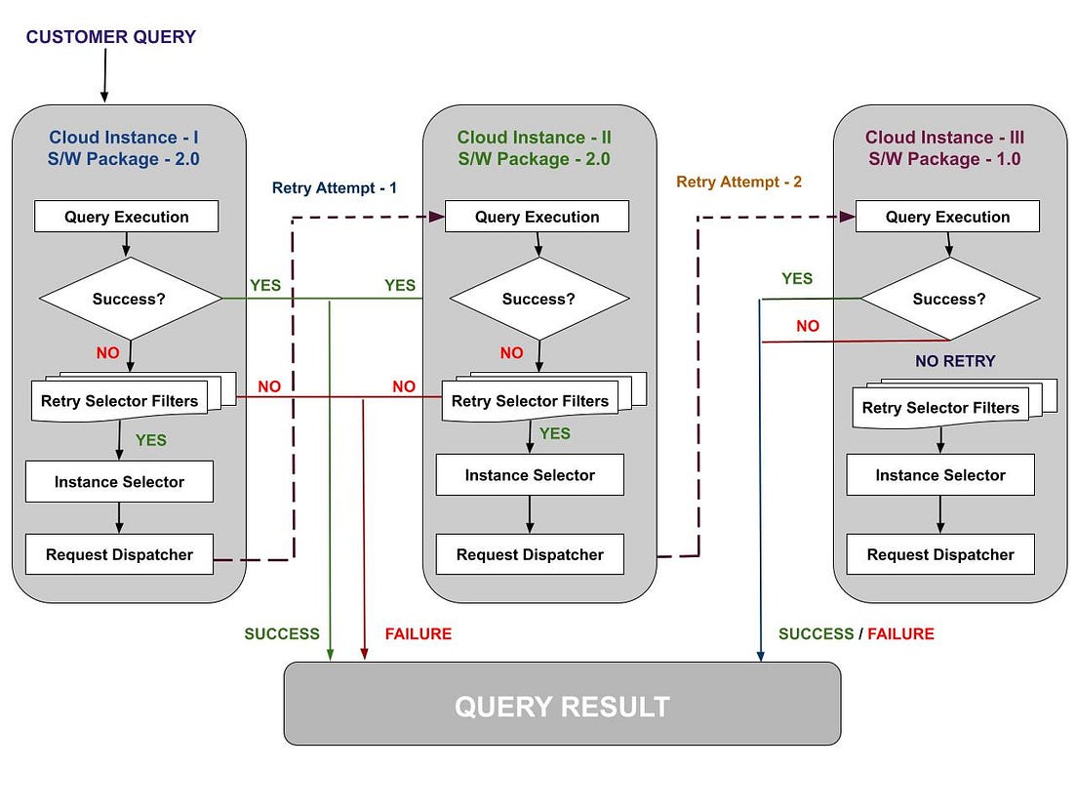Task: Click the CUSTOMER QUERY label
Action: (110, 37)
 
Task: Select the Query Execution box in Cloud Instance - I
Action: (127, 217)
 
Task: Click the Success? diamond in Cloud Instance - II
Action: (538, 299)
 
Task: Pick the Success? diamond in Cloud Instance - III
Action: (949, 299)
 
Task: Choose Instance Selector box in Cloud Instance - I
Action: (119, 482)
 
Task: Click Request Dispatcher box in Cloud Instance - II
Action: (530, 554)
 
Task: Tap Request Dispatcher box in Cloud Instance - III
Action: (940, 554)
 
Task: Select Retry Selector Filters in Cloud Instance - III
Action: (940, 408)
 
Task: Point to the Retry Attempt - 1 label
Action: (335, 187)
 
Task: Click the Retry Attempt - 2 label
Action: (738, 182)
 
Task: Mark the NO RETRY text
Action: (955, 361)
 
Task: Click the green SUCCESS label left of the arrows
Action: (281, 634)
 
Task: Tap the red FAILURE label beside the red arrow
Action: (418, 634)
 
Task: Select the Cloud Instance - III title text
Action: (944, 138)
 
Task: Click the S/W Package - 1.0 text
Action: (944, 159)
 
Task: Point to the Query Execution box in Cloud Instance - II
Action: (538, 217)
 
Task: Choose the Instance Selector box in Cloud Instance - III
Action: (940, 475)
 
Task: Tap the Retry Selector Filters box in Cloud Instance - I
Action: (120, 401)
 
